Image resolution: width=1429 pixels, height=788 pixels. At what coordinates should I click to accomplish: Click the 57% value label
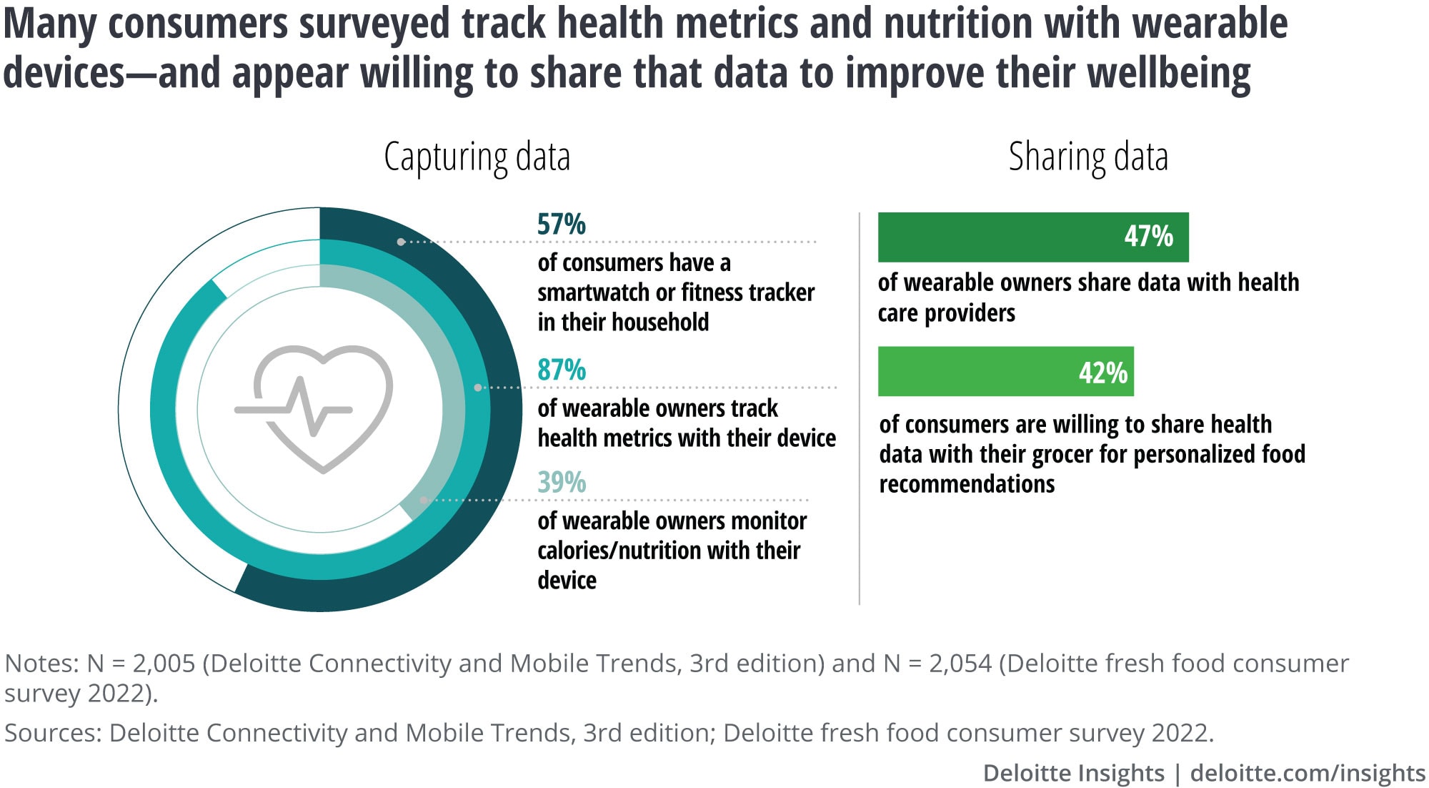[561, 225]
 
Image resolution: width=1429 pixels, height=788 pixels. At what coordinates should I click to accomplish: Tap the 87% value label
[561, 370]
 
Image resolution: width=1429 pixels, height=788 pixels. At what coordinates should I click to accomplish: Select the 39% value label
[561, 483]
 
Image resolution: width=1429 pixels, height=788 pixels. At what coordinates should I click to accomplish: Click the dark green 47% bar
[1032, 237]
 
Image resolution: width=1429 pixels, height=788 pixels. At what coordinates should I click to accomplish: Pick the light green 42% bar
[1005, 372]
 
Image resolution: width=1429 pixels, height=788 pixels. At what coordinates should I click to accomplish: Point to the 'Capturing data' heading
[477, 157]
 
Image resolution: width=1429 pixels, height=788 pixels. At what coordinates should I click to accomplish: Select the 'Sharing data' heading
[1087, 157]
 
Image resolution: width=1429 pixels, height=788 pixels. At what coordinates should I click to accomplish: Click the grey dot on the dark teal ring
[401, 242]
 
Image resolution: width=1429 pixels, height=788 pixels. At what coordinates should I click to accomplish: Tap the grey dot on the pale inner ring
[424, 501]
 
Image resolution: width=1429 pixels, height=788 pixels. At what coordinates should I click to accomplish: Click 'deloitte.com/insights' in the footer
[1308, 773]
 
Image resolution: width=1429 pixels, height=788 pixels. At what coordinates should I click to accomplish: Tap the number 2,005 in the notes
[164, 664]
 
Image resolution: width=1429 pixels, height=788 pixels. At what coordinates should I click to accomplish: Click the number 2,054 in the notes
[960, 664]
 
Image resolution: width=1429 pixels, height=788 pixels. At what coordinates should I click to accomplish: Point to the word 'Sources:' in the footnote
[52, 733]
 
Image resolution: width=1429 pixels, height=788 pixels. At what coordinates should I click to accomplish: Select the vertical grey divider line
[859, 408]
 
